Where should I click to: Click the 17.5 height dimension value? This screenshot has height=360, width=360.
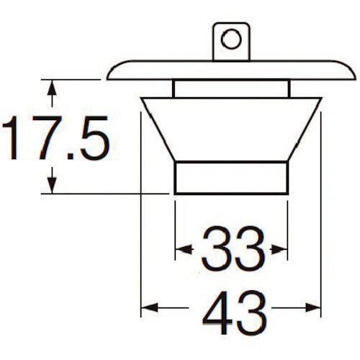[55, 138]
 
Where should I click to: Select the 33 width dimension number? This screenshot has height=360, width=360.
[233, 249]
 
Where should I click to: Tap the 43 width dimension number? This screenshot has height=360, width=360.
[235, 312]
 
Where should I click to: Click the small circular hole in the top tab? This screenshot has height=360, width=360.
[231, 39]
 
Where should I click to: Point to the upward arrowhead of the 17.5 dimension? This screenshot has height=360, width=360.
[52, 88]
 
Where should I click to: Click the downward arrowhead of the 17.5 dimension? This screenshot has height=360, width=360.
[52, 185]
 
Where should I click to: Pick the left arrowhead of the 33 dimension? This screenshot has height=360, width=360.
[184, 249]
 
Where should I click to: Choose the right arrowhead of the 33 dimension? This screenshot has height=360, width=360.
[279, 249]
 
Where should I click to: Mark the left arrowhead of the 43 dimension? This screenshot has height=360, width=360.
[150, 307]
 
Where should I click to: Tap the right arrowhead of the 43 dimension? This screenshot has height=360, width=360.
[312, 307]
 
